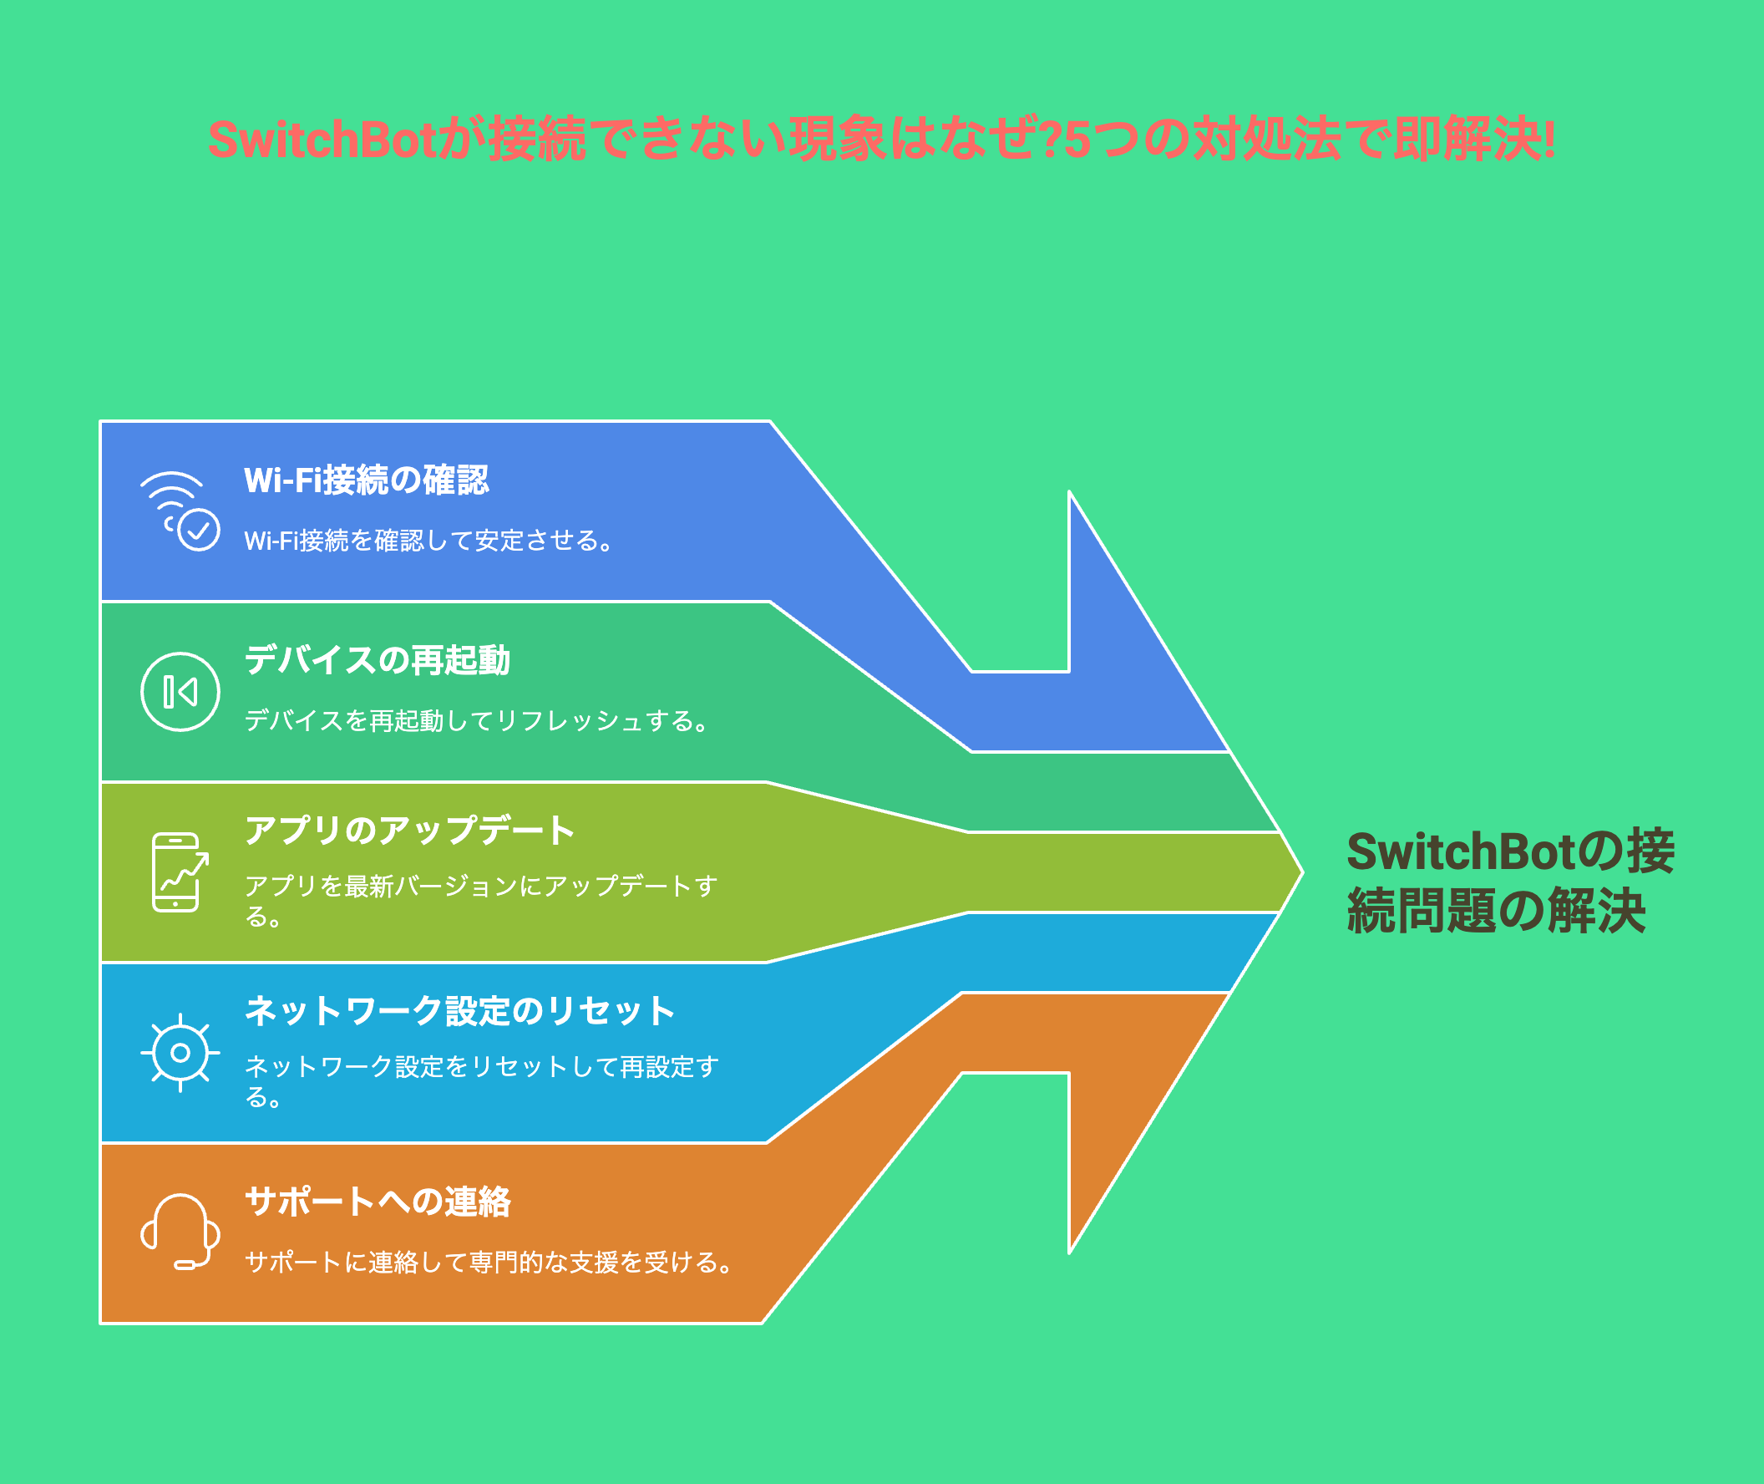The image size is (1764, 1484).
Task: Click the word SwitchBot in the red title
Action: coord(323,139)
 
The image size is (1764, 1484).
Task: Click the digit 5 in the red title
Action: coord(1077,140)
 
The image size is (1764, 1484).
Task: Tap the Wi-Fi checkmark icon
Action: coord(180,511)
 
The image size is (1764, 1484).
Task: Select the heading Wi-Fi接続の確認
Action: coord(366,480)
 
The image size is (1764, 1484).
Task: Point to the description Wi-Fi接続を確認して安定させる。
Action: coord(428,540)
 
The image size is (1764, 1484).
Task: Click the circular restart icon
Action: coord(180,692)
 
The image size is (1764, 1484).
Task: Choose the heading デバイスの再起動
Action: coord(378,660)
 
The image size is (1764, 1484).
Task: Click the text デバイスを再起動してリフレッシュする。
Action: coord(478,721)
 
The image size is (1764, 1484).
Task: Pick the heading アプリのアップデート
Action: coord(409,831)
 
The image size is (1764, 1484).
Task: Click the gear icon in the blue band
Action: coord(180,1053)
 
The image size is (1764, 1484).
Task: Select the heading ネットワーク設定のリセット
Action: coord(460,1010)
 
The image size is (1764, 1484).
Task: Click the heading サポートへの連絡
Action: coord(378,1202)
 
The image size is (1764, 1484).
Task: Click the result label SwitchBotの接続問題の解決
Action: coord(1510,881)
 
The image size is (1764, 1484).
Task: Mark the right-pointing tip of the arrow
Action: coord(1303,872)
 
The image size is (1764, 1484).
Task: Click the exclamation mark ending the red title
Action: coord(1549,139)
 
